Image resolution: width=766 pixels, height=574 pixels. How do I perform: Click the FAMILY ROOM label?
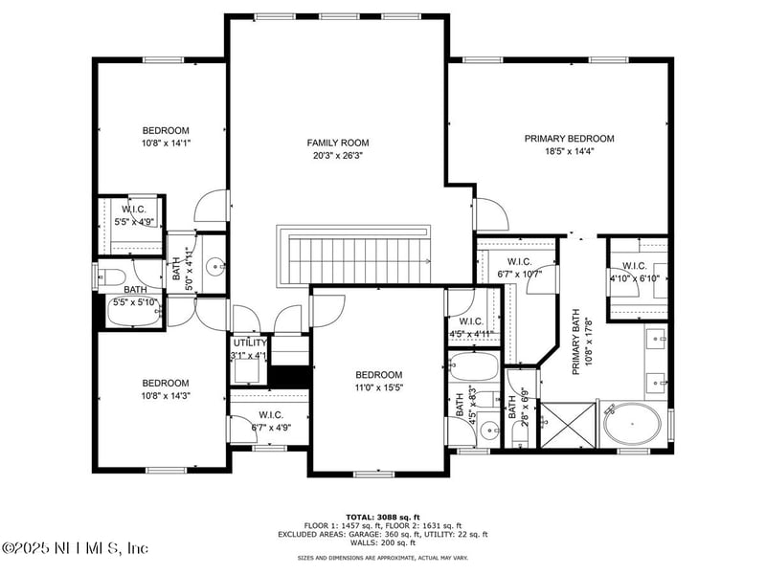[337, 143]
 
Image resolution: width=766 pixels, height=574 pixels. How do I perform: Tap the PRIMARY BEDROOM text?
[569, 139]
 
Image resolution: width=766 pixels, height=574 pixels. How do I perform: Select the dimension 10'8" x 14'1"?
[166, 143]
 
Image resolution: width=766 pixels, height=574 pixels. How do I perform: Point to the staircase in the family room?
[355, 255]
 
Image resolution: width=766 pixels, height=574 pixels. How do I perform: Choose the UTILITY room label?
[250, 342]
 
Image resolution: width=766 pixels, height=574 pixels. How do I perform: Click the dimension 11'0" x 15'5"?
[379, 387]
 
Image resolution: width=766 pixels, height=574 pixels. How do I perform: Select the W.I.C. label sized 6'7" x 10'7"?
[519, 261]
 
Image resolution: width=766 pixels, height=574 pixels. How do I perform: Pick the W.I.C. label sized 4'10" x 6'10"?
[635, 266]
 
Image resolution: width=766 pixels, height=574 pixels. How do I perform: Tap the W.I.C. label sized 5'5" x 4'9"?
[133, 210]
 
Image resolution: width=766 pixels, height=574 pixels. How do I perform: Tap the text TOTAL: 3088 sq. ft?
[383, 517]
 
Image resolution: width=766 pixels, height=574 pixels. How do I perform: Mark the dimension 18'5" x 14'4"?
[569, 151]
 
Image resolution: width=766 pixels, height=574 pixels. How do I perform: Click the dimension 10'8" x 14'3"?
[166, 395]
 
